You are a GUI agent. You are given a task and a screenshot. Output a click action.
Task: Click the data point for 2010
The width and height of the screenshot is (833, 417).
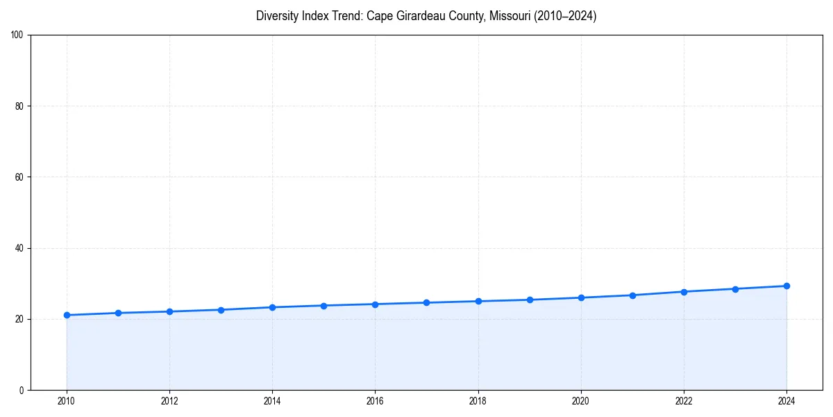click(x=67, y=315)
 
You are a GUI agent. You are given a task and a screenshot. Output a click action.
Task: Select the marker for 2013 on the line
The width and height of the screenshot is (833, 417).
click(x=221, y=310)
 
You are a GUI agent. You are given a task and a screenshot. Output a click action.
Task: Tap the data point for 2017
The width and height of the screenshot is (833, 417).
click(x=426, y=302)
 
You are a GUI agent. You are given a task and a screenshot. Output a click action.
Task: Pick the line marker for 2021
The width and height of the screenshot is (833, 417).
click(x=632, y=295)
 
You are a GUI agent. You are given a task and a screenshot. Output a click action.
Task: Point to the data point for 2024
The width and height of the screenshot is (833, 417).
click(x=786, y=286)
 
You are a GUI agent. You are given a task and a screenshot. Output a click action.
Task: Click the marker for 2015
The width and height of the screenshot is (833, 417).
click(x=323, y=306)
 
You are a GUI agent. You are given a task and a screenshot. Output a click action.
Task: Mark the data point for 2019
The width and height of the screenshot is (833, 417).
click(x=530, y=300)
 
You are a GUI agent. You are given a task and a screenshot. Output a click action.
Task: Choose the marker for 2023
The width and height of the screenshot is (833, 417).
click(x=735, y=289)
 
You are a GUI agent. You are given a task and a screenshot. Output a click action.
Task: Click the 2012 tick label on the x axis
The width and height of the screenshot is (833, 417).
click(x=169, y=400)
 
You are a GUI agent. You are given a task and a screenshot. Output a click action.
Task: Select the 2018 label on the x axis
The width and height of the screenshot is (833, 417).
click(x=478, y=400)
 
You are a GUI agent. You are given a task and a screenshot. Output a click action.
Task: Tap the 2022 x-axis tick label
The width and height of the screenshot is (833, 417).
click(x=684, y=400)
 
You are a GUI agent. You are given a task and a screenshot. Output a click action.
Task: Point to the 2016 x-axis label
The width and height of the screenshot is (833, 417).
click(x=375, y=400)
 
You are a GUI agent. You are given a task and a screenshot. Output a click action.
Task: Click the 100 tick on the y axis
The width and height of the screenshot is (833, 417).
click(x=18, y=35)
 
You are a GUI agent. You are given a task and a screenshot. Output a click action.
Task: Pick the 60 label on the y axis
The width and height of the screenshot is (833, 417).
click(x=20, y=177)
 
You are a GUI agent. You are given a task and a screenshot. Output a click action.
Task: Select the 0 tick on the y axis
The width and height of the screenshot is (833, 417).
click(x=22, y=390)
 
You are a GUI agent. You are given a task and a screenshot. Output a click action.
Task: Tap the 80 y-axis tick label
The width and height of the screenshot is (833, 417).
click(x=20, y=106)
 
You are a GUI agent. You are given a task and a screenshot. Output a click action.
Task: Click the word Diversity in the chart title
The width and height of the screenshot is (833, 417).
click(x=277, y=16)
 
